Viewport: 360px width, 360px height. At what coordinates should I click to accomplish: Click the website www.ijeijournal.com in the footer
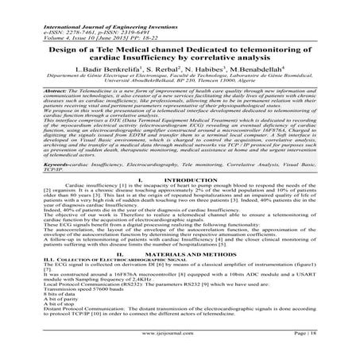(x=179, y=347)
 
